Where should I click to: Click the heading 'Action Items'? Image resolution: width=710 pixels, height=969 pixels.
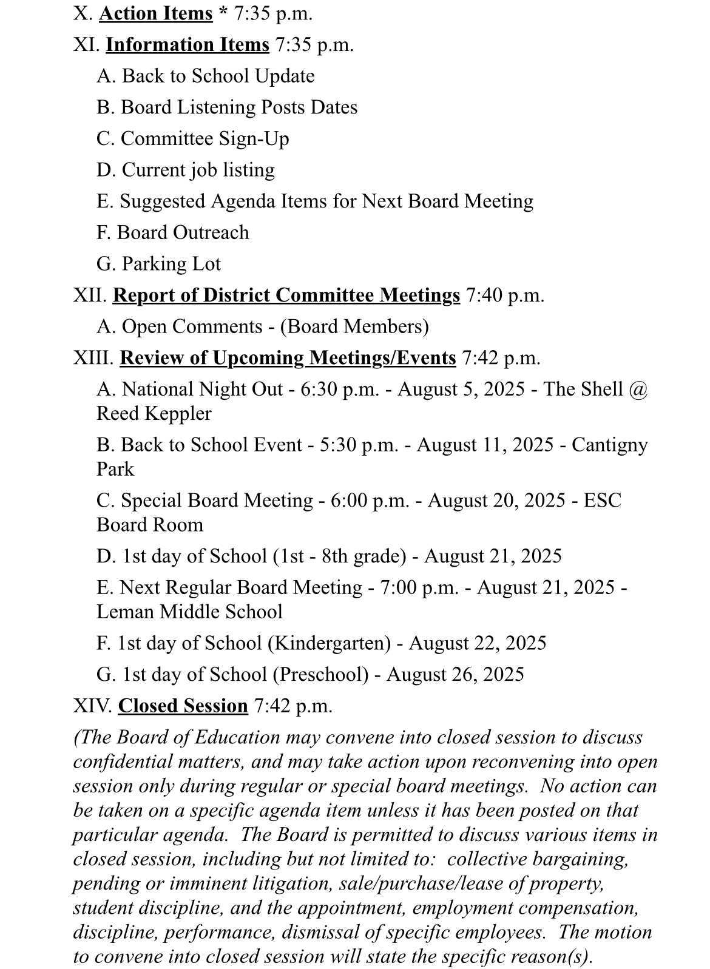[155, 13]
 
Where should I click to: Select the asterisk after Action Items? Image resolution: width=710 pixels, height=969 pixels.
[223, 13]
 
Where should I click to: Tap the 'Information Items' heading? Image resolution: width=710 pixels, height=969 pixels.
[187, 45]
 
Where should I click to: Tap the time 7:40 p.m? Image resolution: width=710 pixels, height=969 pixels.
[505, 295]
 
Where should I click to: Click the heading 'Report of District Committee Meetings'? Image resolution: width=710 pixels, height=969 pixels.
[286, 295]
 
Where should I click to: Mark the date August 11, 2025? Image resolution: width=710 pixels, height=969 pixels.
[485, 445]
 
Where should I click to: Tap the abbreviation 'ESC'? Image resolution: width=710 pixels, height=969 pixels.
[602, 501]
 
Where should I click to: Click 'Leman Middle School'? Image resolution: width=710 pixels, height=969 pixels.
[189, 612]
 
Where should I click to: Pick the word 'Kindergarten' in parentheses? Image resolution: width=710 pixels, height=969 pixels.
[329, 643]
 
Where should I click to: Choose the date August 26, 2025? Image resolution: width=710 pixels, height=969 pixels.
[455, 675]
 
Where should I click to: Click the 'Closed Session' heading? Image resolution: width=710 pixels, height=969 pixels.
[183, 706]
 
